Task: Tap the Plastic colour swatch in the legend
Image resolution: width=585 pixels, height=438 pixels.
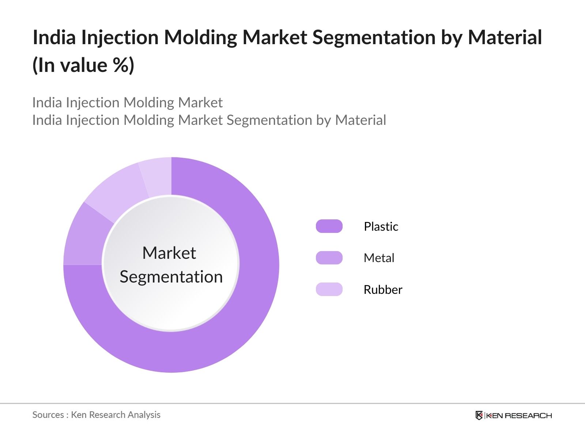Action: pyautogui.click(x=329, y=226)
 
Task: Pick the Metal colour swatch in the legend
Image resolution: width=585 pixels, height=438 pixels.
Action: pyautogui.click(x=329, y=258)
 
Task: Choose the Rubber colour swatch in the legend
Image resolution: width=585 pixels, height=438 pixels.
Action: pyautogui.click(x=329, y=289)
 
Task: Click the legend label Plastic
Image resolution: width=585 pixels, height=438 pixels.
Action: pyautogui.click(x=381, y=226)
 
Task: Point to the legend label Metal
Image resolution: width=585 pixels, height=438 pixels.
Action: pyautogui.click(x=379, y=258)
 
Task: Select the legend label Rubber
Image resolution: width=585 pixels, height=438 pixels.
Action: pyautogui.click(x=383, y=289)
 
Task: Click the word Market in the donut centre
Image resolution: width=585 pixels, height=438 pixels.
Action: pyautogui.click(x=169, y=253)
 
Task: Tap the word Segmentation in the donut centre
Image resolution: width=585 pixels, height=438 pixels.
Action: pyautogui.click(x=171, y=277)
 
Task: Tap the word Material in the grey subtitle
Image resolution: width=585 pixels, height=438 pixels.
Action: pyautogui.click(x=361, y=120)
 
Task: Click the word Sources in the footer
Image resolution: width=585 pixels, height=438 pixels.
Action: pyautogui.click(x=48, y=415)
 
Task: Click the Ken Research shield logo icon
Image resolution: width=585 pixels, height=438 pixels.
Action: pyautogui.click(x=479, y=415)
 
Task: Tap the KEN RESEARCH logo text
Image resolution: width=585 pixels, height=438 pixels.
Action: pyautogui.click(x=519, y=415)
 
